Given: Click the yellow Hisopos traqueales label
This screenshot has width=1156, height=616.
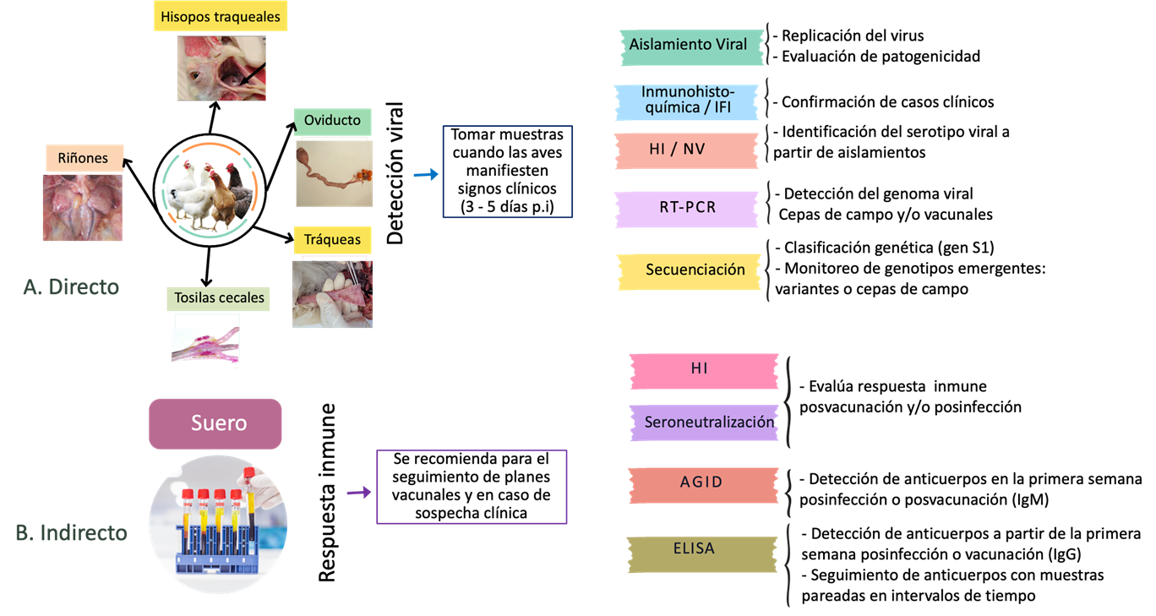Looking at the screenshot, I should click(x=221, y=16).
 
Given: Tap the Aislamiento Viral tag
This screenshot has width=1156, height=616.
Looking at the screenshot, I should click(x=690, y=45).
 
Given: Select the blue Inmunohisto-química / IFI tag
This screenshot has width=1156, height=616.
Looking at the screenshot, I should click(x=686, y=101).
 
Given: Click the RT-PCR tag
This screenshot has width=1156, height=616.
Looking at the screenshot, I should click(x=687, y=207).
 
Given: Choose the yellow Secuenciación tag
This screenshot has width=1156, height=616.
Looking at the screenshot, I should click(x=695, y=270).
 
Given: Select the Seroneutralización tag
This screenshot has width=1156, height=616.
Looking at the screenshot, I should click(x=708, y=422).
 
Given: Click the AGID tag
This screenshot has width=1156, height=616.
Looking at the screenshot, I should click(x=702, y=482).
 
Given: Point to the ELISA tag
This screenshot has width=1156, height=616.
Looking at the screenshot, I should click(x=695, y=548).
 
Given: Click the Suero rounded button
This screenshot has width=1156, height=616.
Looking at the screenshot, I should click(x=215, y=423).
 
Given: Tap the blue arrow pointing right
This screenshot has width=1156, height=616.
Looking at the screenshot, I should click(x=426, y=175).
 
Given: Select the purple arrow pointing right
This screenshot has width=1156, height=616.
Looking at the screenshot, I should click(x=359, y=493).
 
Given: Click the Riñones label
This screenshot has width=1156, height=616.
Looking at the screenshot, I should click(x=83, y=158).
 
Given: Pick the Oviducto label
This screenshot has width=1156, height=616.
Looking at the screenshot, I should click(x=332, y=121).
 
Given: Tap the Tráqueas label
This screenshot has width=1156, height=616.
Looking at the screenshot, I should click(x=332, y=240).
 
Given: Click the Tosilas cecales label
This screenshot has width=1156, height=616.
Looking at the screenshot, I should click(x=219, y=297).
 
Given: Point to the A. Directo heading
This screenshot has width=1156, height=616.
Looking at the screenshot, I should click(x=71, y=287).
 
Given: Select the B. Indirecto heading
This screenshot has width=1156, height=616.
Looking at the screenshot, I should click(x=72, y=533).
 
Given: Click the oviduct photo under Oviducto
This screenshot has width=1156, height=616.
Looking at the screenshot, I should click(x=334, y=173).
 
